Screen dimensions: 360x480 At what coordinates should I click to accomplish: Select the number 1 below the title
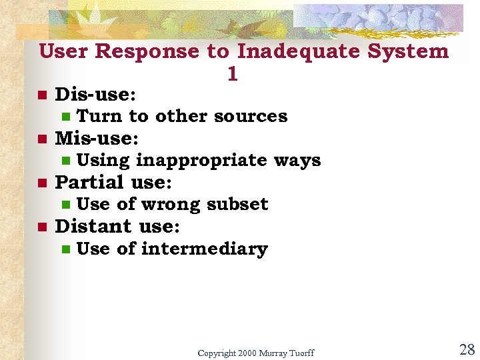coord(232,75)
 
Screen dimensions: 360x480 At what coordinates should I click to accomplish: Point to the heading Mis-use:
coord(97,138)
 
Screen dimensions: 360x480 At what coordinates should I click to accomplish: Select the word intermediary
coord(204,249)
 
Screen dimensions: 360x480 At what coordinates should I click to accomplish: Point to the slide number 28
coord(467,350)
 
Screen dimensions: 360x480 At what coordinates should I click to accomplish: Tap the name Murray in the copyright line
coord(273,353)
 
